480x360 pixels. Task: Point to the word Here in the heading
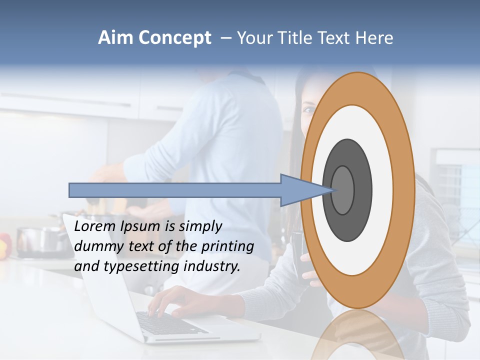tap(374, 38)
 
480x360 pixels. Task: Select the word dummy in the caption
tap(96, 246)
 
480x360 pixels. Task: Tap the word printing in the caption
tap(228, 246)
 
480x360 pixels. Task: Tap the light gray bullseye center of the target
tap(343, 190)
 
